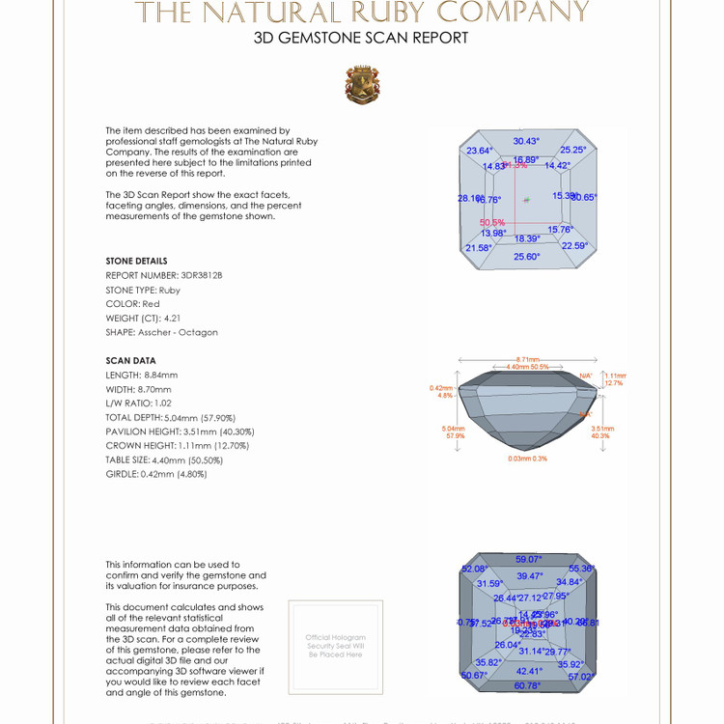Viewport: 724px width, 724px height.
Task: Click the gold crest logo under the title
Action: tap(362, 85)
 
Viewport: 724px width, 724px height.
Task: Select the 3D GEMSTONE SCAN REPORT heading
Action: tap(361, 39)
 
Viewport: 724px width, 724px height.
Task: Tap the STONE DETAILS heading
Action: tap(136, 261)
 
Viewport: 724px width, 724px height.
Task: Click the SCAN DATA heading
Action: tap(130, 360)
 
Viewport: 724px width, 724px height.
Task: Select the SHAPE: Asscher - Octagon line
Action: tap(161, 332)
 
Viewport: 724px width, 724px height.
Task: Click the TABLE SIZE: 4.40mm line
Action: tap(164, 459)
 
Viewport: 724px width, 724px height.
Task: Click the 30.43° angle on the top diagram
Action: tap(527, 141)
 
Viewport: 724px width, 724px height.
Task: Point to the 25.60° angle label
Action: tap(526, 257)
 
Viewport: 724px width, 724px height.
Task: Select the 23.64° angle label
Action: tap(480, 151)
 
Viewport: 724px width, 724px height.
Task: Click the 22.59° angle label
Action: tap(574, 245)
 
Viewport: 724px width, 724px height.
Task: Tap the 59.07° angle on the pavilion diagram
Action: tap(528, 559)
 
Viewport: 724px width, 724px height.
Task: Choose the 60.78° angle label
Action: tap(527, 685)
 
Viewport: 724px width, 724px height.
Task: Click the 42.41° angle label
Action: tap(529, 671)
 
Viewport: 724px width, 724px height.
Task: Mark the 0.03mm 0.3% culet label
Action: tap(527, 459)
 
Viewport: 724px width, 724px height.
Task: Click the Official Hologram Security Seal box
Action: tap(335, 646)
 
